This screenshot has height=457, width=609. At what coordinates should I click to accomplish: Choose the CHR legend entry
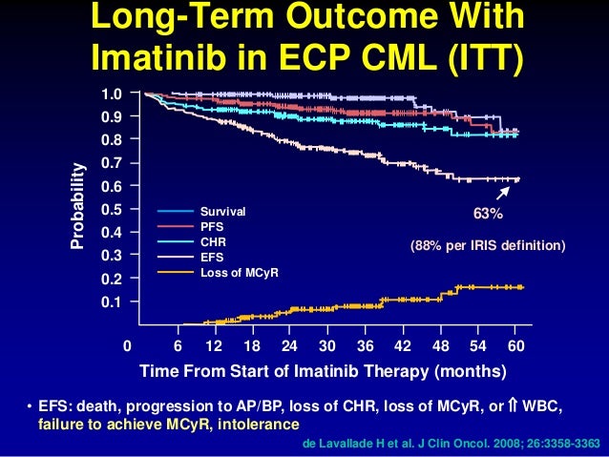(211, 241)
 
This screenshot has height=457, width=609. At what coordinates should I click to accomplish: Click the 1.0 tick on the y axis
(113, 93)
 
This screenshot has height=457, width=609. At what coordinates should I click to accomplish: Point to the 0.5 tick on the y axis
(113, 209)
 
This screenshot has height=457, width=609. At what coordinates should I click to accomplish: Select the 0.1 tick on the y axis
(113, 301)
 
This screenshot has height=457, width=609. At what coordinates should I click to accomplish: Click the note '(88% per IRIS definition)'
(488, 246)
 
